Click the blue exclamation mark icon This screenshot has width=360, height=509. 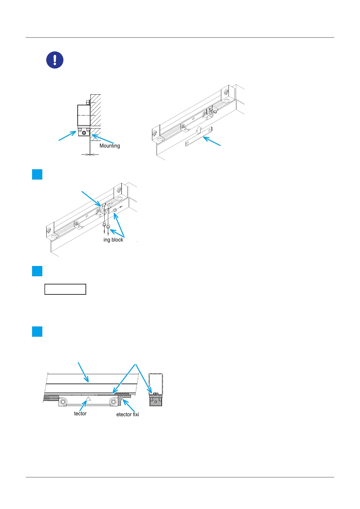click(x=55, y=60)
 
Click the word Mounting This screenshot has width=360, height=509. click(x=110, y=146)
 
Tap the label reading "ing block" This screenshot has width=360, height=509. click(x=113, y=240)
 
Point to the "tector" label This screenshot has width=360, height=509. click(x=80, y=413)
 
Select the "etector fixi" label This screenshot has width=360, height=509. click(x=128, y=414)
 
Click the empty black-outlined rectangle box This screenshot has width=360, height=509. click(x=65, y=289)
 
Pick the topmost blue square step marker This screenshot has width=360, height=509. click(x=37, y=175)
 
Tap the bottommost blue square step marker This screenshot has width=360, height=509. click(x=37, y=332)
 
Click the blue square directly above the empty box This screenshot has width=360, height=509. click(x=37, y=271)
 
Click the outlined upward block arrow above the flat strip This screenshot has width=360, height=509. click(x=198, y=130)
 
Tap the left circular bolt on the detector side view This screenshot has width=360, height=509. click(x=63, y=402)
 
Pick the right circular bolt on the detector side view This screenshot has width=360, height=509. click(x=113, y=402)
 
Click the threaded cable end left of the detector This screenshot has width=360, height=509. click(x=51, y=399)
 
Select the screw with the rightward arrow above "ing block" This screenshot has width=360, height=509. click(x=115, y=210)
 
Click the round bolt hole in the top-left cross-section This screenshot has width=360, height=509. click(x=84, y=133)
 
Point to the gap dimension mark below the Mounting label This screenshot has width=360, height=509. click(x=90, y=154)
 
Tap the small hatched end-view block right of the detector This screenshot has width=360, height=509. click(x=156, y=400)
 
